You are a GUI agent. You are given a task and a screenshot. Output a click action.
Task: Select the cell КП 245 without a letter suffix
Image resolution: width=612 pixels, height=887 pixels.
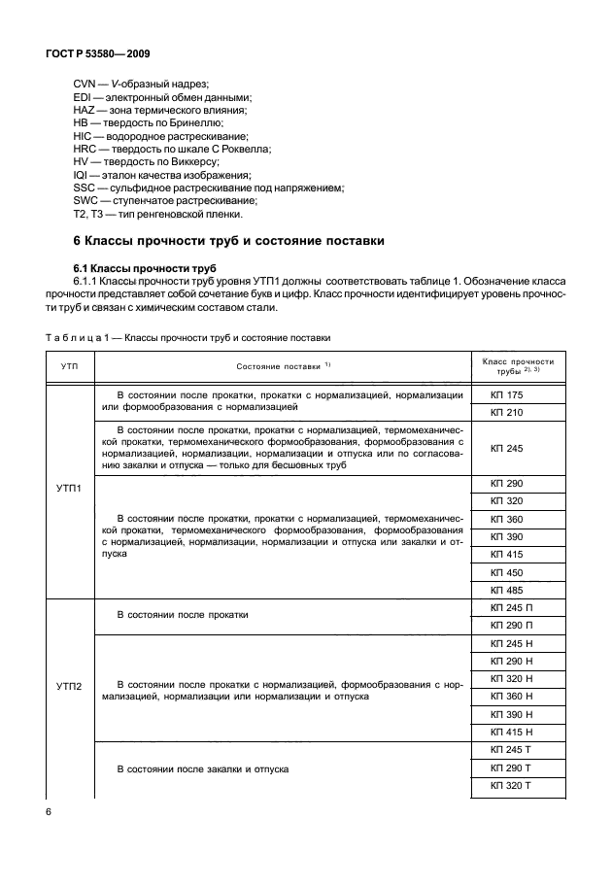(x=507, y=448)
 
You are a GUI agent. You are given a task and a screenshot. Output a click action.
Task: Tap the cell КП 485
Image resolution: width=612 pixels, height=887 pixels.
(x=507, y=590)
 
